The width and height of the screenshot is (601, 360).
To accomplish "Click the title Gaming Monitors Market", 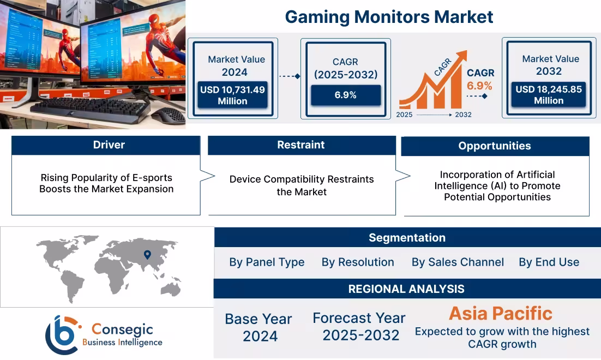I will point(389,17).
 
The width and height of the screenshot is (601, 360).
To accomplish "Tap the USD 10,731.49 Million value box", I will point(232,95).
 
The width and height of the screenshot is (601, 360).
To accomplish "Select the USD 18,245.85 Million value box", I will point(549,95).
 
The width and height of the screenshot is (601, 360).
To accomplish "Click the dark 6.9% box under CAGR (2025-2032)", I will point(345,95).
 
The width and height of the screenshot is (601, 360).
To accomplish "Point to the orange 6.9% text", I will point(479,86).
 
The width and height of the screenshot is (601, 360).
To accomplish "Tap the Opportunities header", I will point(494,146).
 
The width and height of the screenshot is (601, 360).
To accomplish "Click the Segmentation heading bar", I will point(407,238).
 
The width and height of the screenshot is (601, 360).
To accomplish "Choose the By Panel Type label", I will point(267,262).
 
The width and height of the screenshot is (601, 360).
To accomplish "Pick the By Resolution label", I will point(358,262).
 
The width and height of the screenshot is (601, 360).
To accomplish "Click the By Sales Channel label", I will point(458,262).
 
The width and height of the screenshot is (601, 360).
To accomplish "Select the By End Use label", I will point(549,262).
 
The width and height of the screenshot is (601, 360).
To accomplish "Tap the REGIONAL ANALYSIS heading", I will point(406,289).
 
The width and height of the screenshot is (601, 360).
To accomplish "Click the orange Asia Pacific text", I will point(500,314).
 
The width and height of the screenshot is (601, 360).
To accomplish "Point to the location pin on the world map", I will point(147,254).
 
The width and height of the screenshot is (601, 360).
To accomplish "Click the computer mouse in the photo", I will point(168,115).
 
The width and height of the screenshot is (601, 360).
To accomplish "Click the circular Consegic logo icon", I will point(62,334).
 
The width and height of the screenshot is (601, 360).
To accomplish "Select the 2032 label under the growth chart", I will point(462,115).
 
